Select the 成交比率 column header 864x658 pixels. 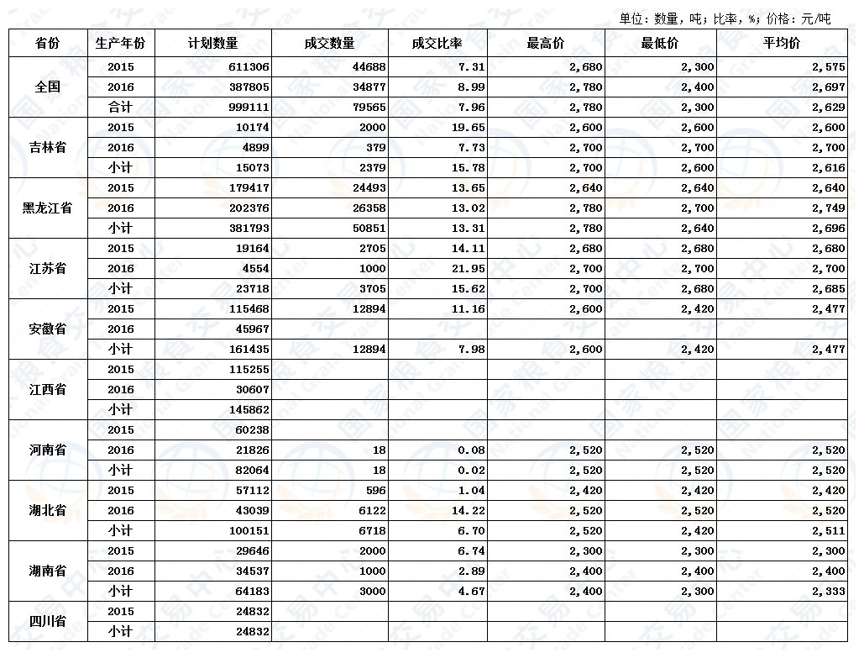[437, 43]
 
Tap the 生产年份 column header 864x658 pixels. [121, 43]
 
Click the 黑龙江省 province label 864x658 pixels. [47, 208]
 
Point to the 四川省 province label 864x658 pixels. [47, 622]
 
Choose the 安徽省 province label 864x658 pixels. [47, 329]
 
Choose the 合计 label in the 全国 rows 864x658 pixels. [121, 107]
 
